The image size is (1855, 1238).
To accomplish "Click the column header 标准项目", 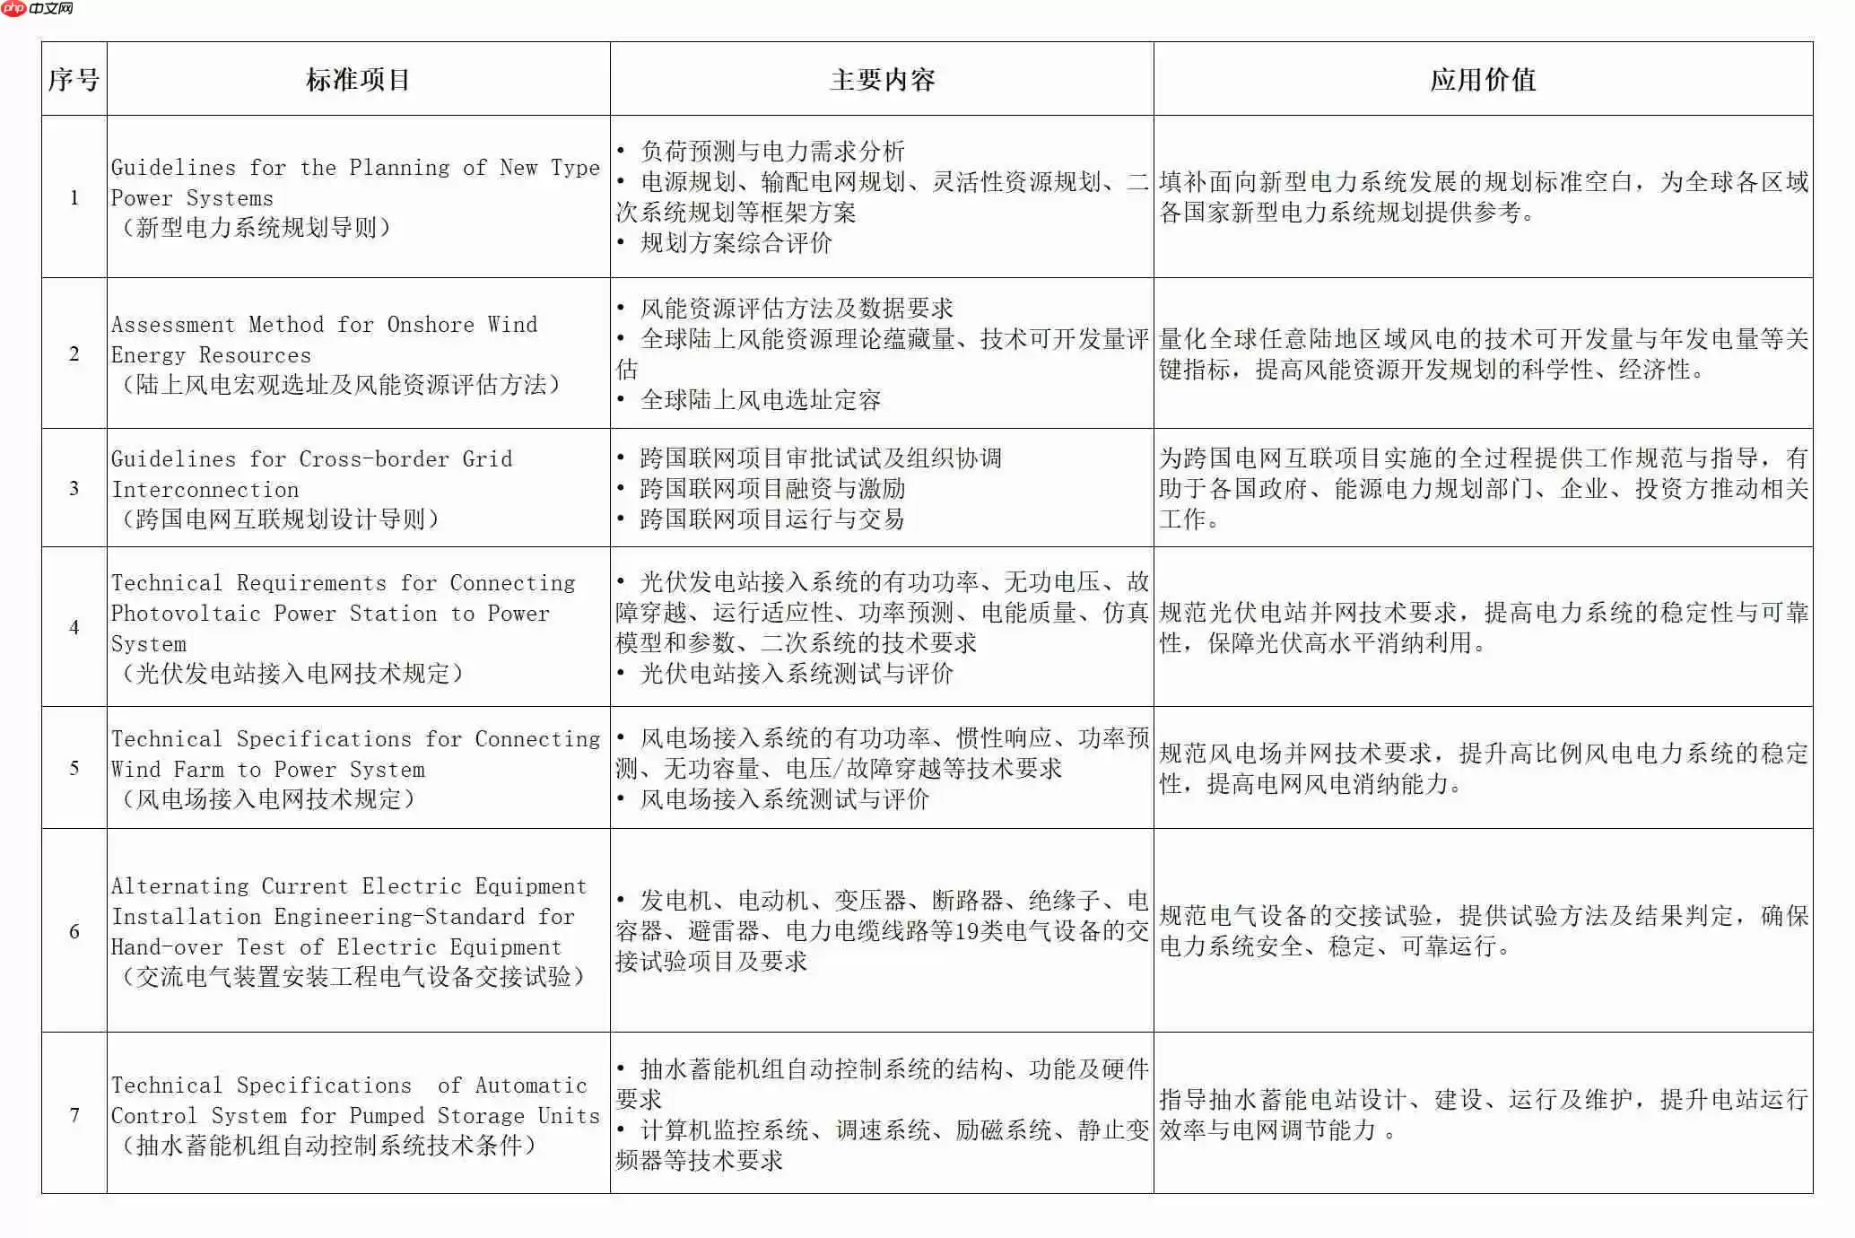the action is [358, 80].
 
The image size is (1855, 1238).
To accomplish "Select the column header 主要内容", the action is [882, 80].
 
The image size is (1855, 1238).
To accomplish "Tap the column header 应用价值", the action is [1482, 80].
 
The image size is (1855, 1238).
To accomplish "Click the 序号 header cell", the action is [74, 80].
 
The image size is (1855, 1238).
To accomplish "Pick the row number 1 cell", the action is [74, 197].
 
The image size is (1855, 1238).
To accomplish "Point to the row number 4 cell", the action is [74, 627].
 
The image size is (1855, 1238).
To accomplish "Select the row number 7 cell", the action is [74, 1115].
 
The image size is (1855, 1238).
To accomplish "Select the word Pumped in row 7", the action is [386, 1116].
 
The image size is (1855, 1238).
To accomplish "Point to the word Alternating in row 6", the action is [179, 886].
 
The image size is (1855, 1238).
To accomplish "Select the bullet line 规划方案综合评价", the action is [736, 243].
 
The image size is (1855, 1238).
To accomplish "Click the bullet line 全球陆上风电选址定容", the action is [760, 400].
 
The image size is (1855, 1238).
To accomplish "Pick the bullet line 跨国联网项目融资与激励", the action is [771, 489].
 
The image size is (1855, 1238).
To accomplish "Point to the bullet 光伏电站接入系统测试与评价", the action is [796, 674].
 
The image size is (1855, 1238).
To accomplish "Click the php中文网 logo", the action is [38, 9].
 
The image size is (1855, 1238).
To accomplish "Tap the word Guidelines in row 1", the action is [173, 168].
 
